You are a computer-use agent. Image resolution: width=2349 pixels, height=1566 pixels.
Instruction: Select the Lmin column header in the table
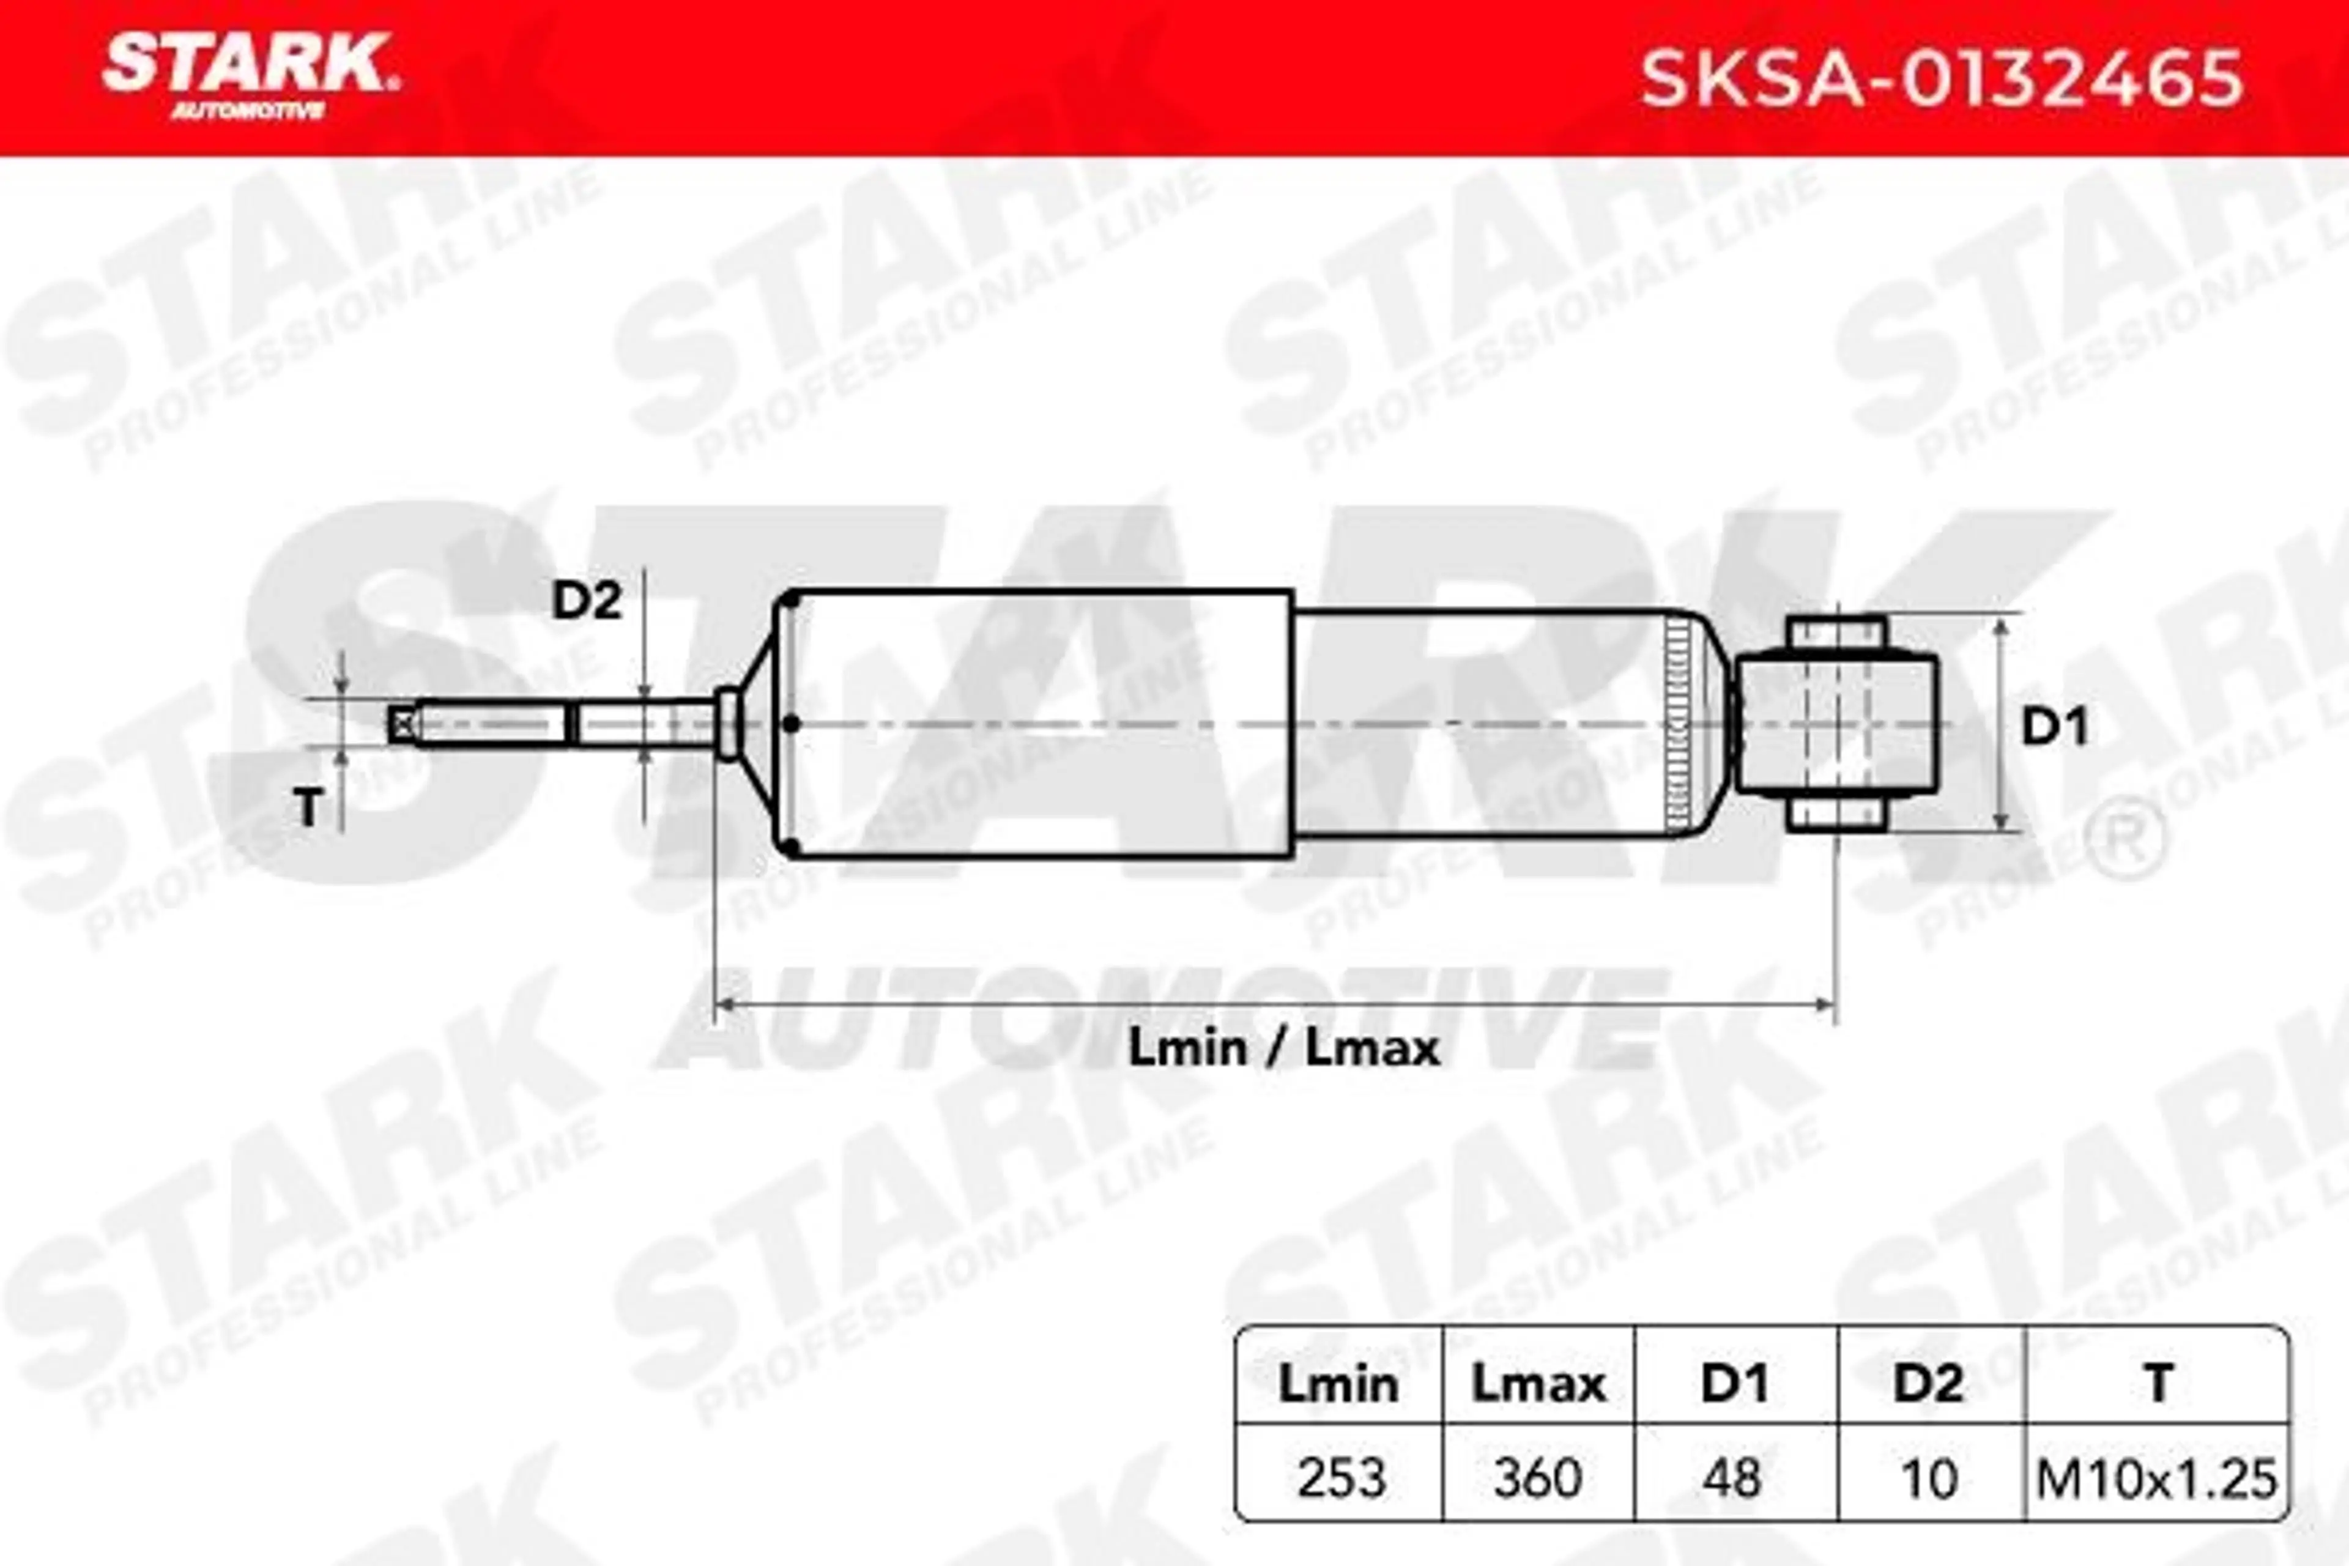point(1338,1384)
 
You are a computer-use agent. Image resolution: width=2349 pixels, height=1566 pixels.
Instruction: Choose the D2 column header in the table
point(1929,1384)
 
